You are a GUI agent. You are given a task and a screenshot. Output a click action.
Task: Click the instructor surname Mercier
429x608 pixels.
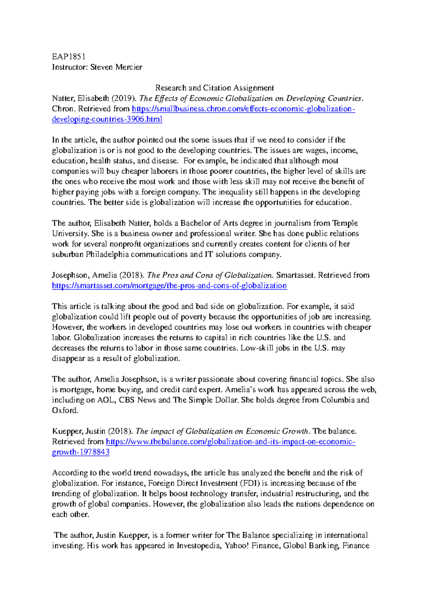coord(129,67)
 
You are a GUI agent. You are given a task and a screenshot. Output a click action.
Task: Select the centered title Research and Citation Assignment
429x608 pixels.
coord(214,88)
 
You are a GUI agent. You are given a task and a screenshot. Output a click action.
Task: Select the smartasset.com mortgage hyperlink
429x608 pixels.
coord(169,285)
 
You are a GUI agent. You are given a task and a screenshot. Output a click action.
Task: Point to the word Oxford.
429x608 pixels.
coord(65,410)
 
